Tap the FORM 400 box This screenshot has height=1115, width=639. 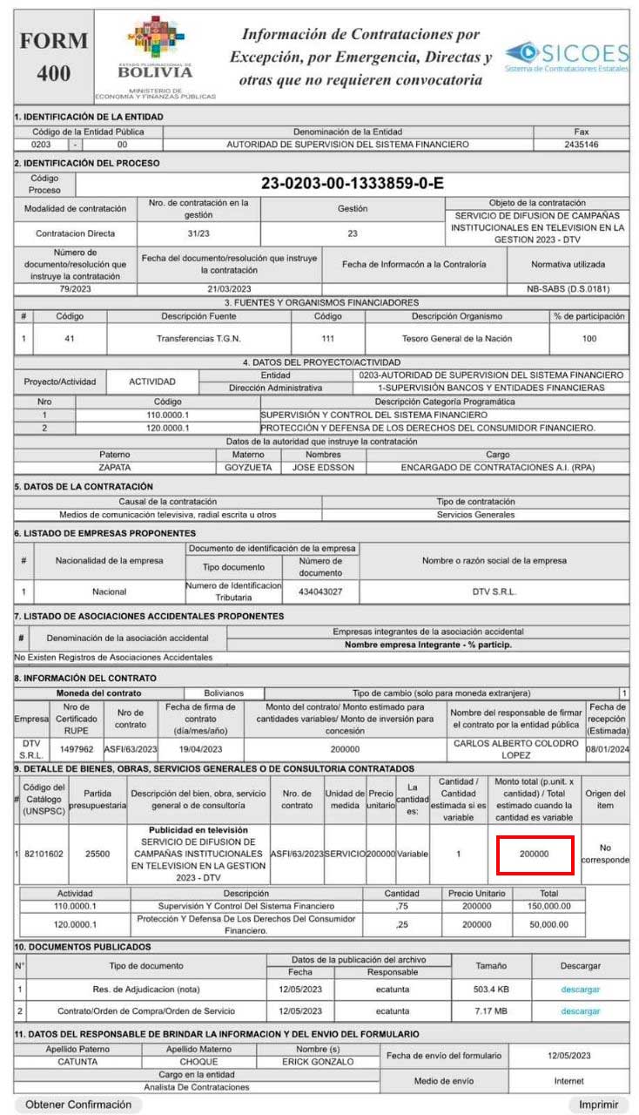pos(54,57)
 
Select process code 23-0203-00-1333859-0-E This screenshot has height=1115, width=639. pos(353,183)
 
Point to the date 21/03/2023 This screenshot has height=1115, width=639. pos(229,288)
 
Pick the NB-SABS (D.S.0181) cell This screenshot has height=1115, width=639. pos(568,288)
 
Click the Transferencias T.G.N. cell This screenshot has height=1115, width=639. pos(199,338)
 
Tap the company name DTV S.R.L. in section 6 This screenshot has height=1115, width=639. pos(494,591)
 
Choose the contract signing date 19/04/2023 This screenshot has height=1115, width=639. pos(200,748)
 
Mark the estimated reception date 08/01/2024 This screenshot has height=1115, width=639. pos(608,748)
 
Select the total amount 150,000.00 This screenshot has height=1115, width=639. pos(548,906)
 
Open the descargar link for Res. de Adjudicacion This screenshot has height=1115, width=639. pos(580,989)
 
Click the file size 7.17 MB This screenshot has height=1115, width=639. pos(490,1011)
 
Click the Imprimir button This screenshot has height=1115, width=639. pos(598,1104)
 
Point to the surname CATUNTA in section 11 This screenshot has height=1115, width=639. pos(77,1062)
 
